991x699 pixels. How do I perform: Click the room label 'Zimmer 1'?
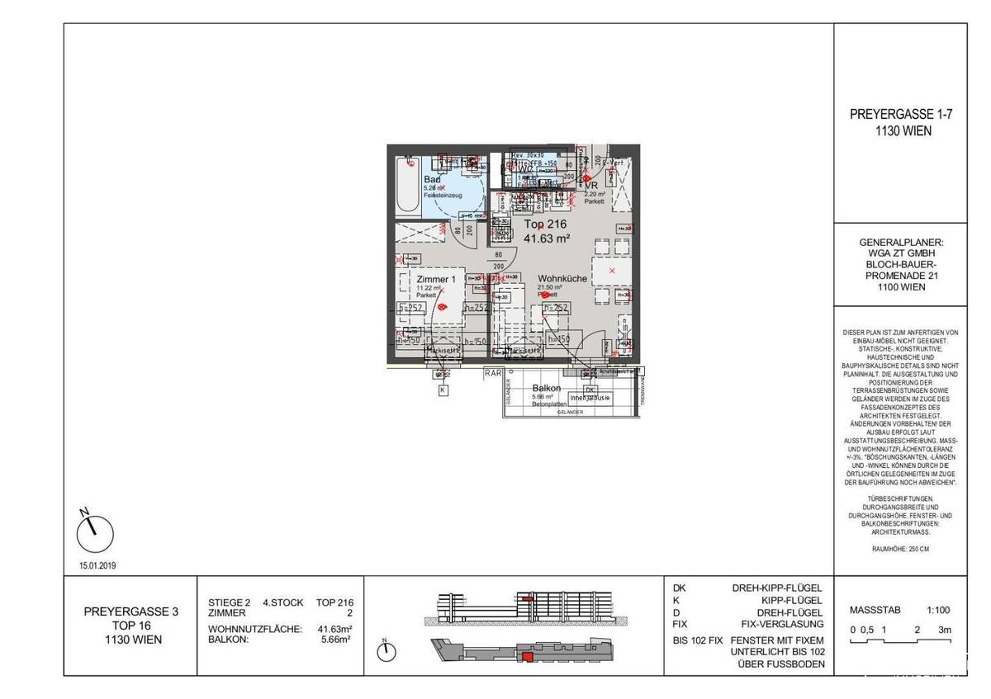click(436, 280)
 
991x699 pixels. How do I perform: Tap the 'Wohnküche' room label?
click(562, 279)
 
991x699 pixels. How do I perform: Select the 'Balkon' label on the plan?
click(547, 388)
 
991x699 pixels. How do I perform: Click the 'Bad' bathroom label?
click(431, 179)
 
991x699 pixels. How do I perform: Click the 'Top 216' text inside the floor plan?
click(545, 224)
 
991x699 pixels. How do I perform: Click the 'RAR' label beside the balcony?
click(493, 372)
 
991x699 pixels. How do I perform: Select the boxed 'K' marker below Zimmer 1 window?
click(443, 390)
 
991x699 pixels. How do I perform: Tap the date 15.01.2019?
click(97, 568)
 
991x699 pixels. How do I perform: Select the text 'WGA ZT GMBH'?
click(901, 254)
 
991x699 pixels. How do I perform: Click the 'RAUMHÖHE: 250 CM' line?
click(900, 548)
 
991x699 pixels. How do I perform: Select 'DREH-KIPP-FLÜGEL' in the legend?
click(777, 588)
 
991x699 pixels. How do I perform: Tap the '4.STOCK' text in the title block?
click(282, 603)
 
